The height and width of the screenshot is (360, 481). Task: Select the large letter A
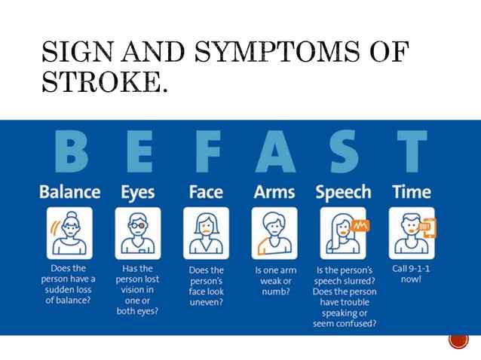(274, 154)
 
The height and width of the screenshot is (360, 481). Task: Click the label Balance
(70, 192)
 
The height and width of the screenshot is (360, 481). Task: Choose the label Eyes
(138, 192)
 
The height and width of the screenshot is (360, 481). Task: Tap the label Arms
(274, 192)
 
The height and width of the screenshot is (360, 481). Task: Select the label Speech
(343, 192)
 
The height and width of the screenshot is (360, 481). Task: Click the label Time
(411, 192)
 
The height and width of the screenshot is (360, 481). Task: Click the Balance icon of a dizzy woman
(70, 233)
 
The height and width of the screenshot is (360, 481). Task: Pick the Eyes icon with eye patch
(138, 233)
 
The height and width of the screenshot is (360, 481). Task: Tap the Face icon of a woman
(206, 233)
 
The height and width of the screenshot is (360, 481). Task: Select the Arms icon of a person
(274, 233)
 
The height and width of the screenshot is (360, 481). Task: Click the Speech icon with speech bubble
(343, 233)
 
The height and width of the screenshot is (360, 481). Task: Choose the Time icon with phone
(412, 233)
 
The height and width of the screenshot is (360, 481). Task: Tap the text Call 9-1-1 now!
(411, 273)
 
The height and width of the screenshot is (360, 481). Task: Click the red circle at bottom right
(458, 339)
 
